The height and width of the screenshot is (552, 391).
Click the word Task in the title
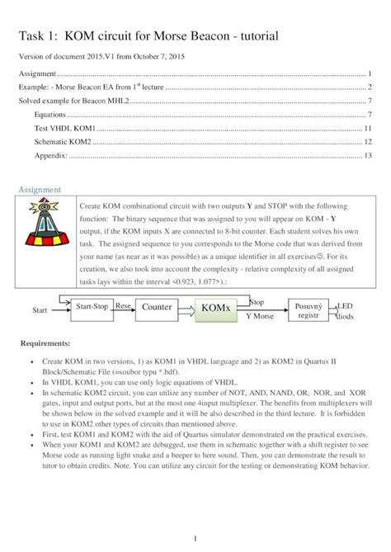(x=34, y=36)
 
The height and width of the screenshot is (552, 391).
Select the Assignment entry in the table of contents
(x=40, y=74)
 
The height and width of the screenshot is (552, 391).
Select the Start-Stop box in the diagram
(x=92, y=306)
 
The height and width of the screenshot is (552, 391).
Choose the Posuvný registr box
(x=307, y=309)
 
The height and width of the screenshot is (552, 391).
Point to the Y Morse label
(x=259, y=316)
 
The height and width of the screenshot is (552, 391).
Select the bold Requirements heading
(x=46, y=342)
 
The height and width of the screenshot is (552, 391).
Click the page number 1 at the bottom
(x=195, y=538)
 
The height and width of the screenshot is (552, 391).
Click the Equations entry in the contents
(x=51, y=114)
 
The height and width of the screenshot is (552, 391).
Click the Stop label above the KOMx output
(x=257, y=302)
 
